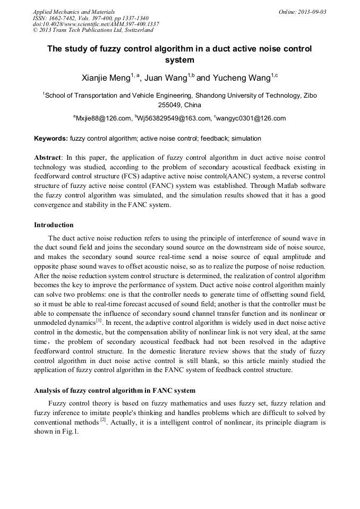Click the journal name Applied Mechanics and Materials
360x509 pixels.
point(73,12)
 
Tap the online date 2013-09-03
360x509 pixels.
point(310,12)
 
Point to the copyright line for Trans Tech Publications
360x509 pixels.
point(93,30)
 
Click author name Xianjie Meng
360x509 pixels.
point(106,79)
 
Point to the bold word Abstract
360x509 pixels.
point(48,158)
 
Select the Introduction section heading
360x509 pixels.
point(54,225)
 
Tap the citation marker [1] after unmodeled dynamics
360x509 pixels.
point(99,320)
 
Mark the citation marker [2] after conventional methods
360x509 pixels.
point(104,419)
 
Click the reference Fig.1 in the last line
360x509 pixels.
point(70,432)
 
